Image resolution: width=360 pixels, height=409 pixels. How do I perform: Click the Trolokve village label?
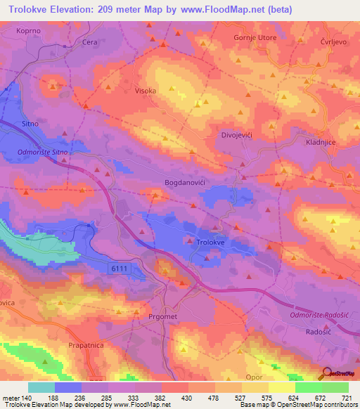pos(210,241)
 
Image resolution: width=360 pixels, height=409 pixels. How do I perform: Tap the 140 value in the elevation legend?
pos(23,398)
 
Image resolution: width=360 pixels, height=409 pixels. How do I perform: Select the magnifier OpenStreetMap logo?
pos(327,373)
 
